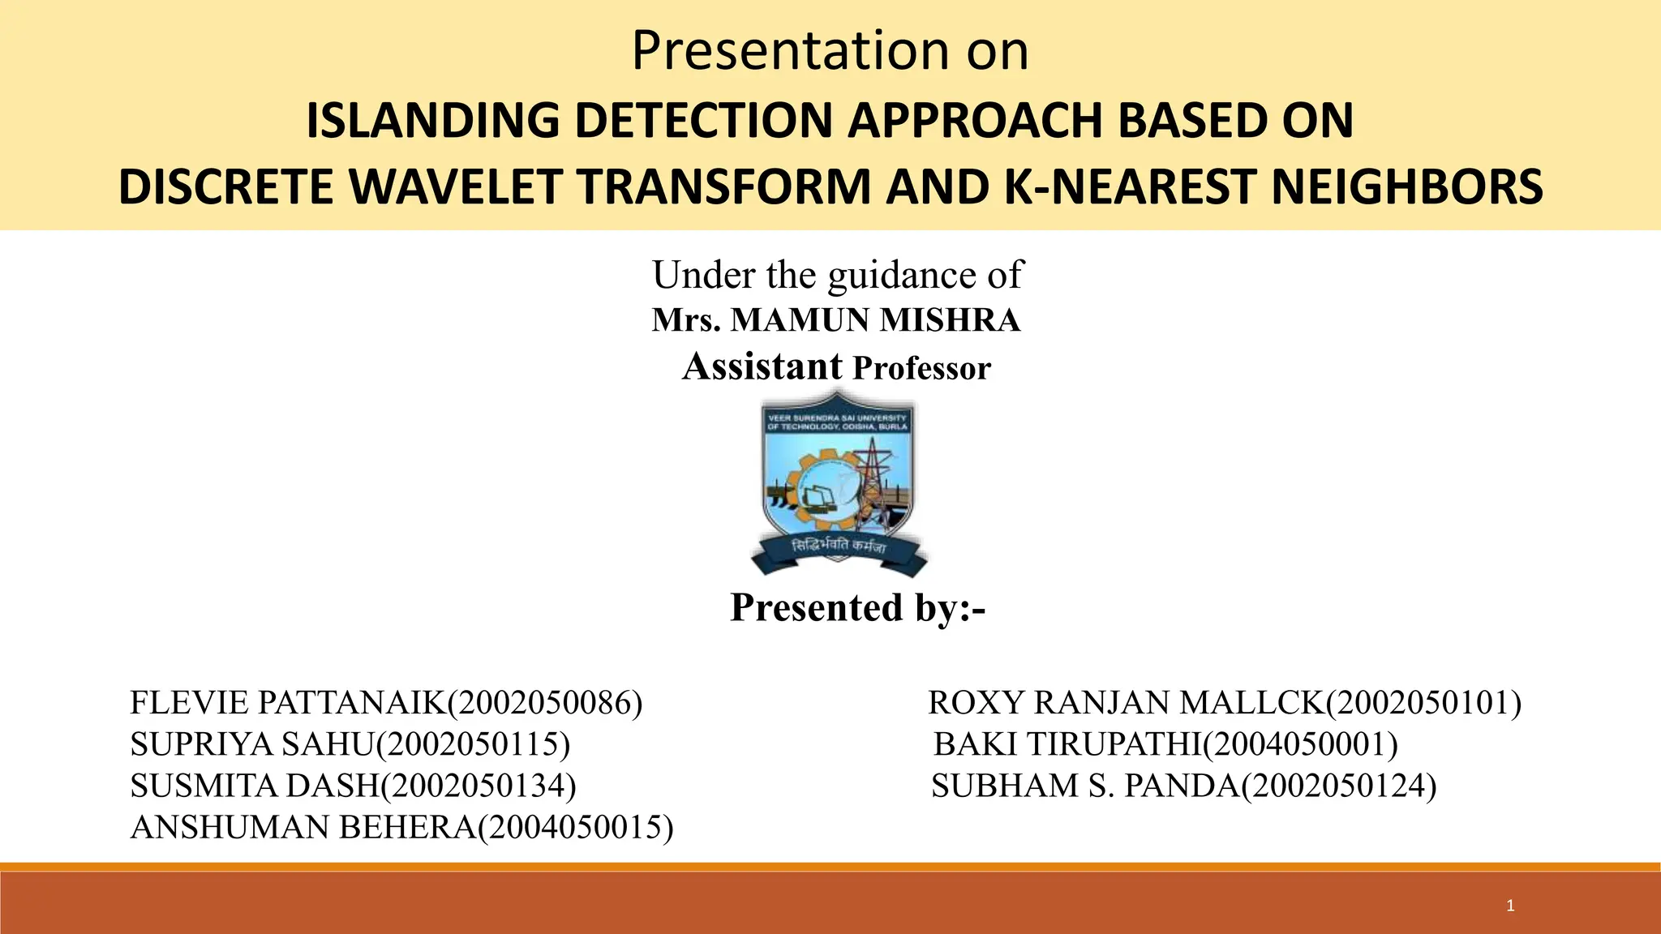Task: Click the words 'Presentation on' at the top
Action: pos(830,50)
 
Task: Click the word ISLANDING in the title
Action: pos(431,120)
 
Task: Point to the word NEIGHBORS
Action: pos(1406,186)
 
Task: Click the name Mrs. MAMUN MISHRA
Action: pos(835,320)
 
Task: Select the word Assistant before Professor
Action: pos(762,366)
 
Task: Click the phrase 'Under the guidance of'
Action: pos(838,274)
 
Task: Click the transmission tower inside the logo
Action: pos(872,478)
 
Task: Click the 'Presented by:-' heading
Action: pos(857,607)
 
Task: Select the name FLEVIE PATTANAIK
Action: pos(287,703)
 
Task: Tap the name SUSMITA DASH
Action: pos(255,786)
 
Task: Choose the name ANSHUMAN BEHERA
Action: pos(303,827)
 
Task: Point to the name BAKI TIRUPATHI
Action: pos(1067,744)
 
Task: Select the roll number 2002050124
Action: pos(1338,786)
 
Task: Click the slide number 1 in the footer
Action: pos(1510,906)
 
